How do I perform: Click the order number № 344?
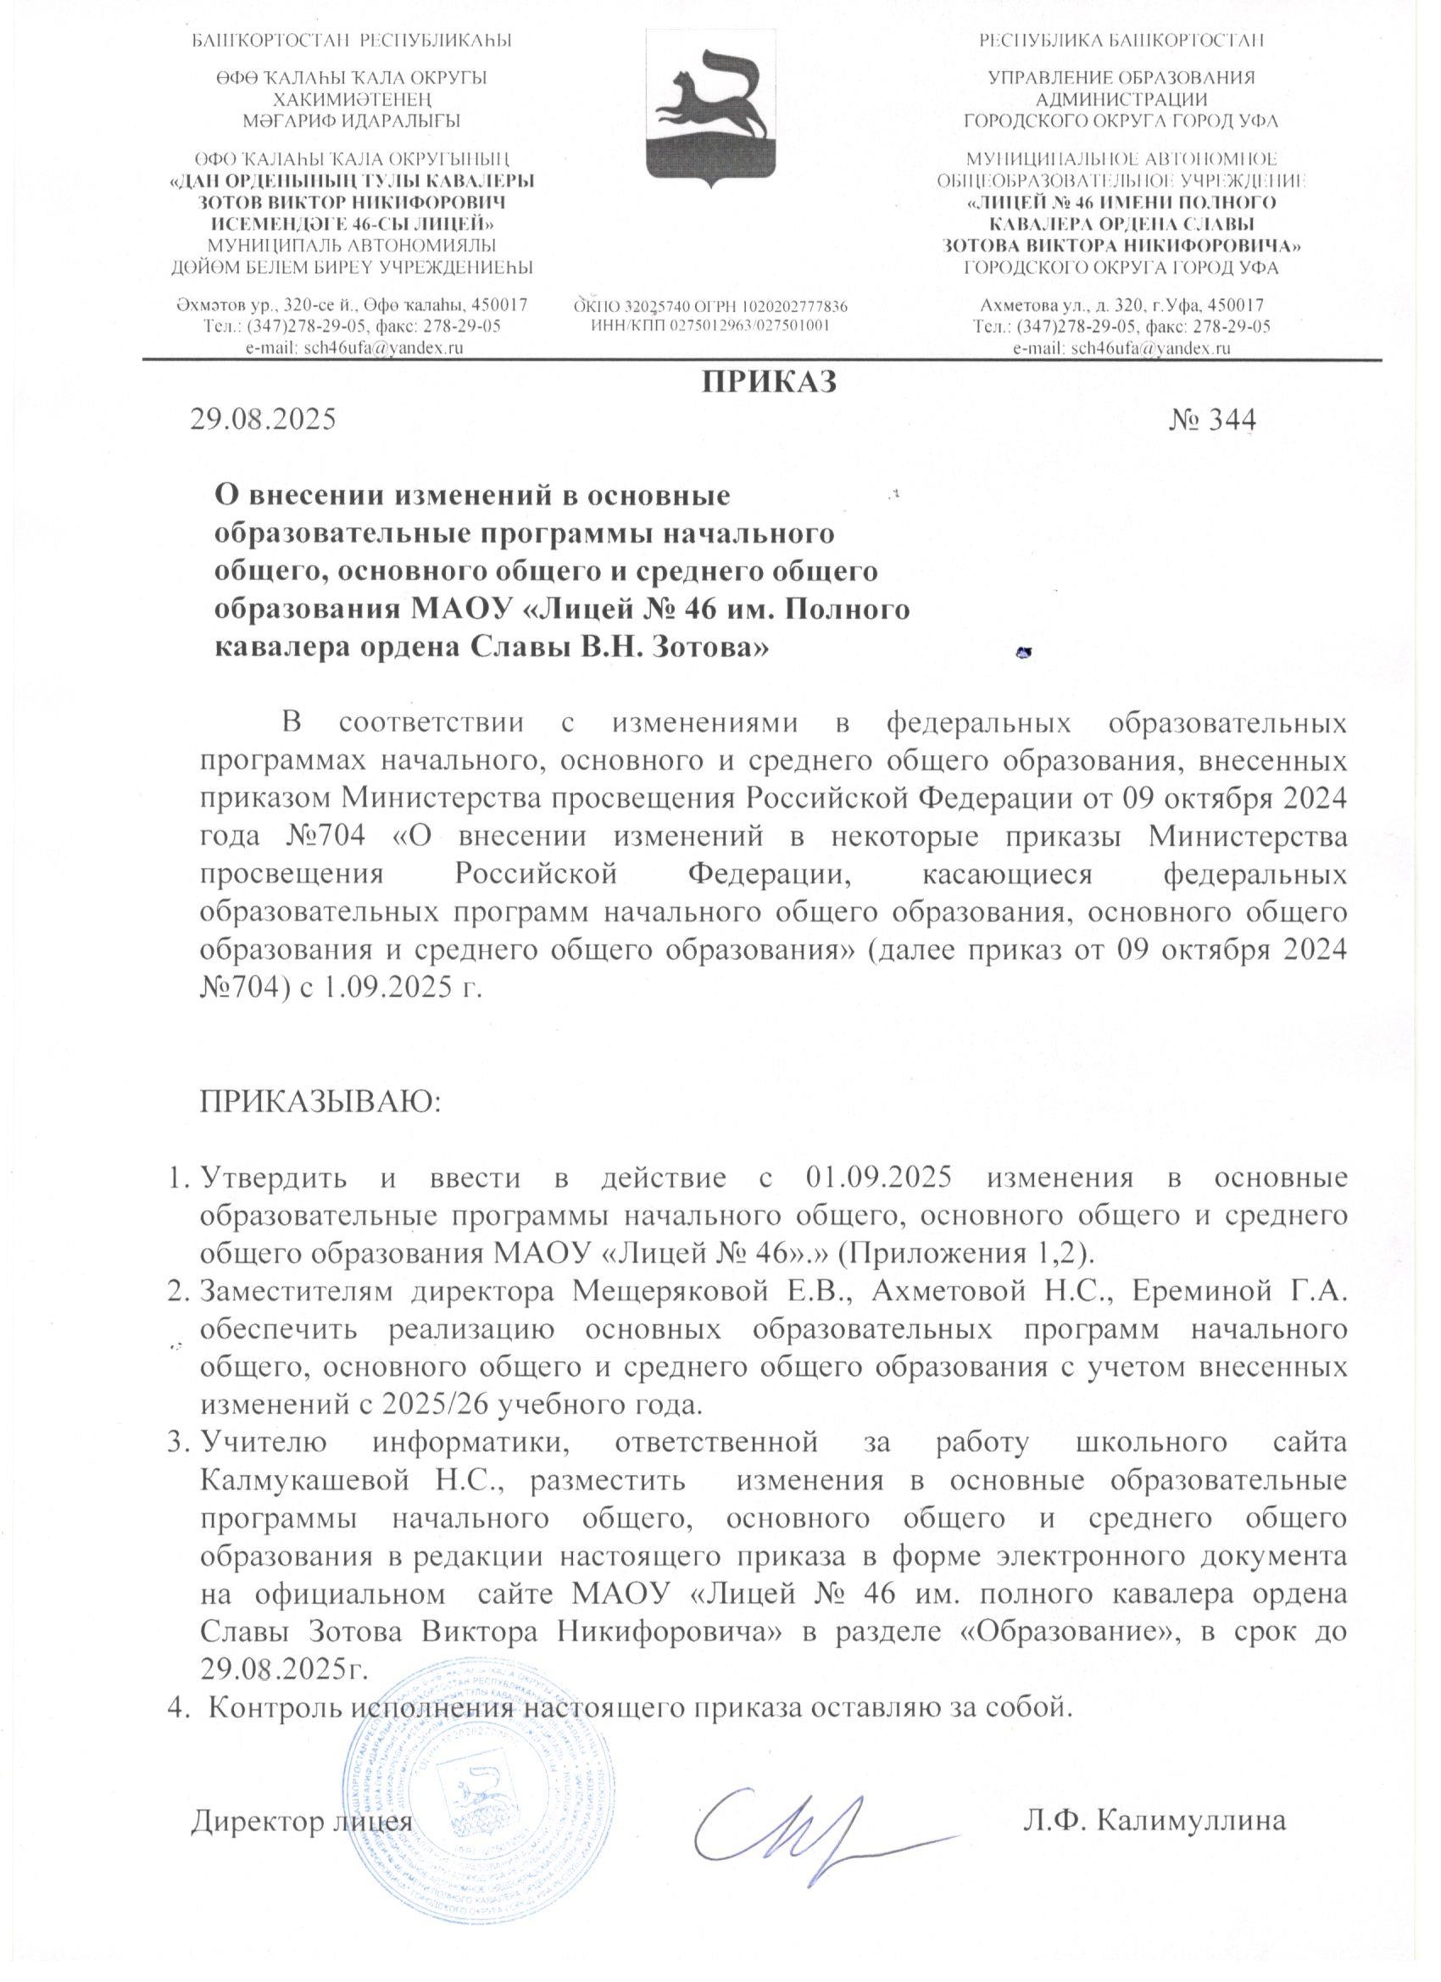coord(1212,420)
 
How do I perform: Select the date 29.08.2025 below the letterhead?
coord(263,420)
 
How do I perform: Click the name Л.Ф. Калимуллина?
coord(1156,1820)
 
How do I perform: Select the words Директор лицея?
coord(302,1820)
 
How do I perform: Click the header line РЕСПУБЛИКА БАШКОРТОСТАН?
coord(1122,40)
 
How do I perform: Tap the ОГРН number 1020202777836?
coord(794,307)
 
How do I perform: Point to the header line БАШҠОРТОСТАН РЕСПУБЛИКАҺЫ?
coord(351,40)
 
